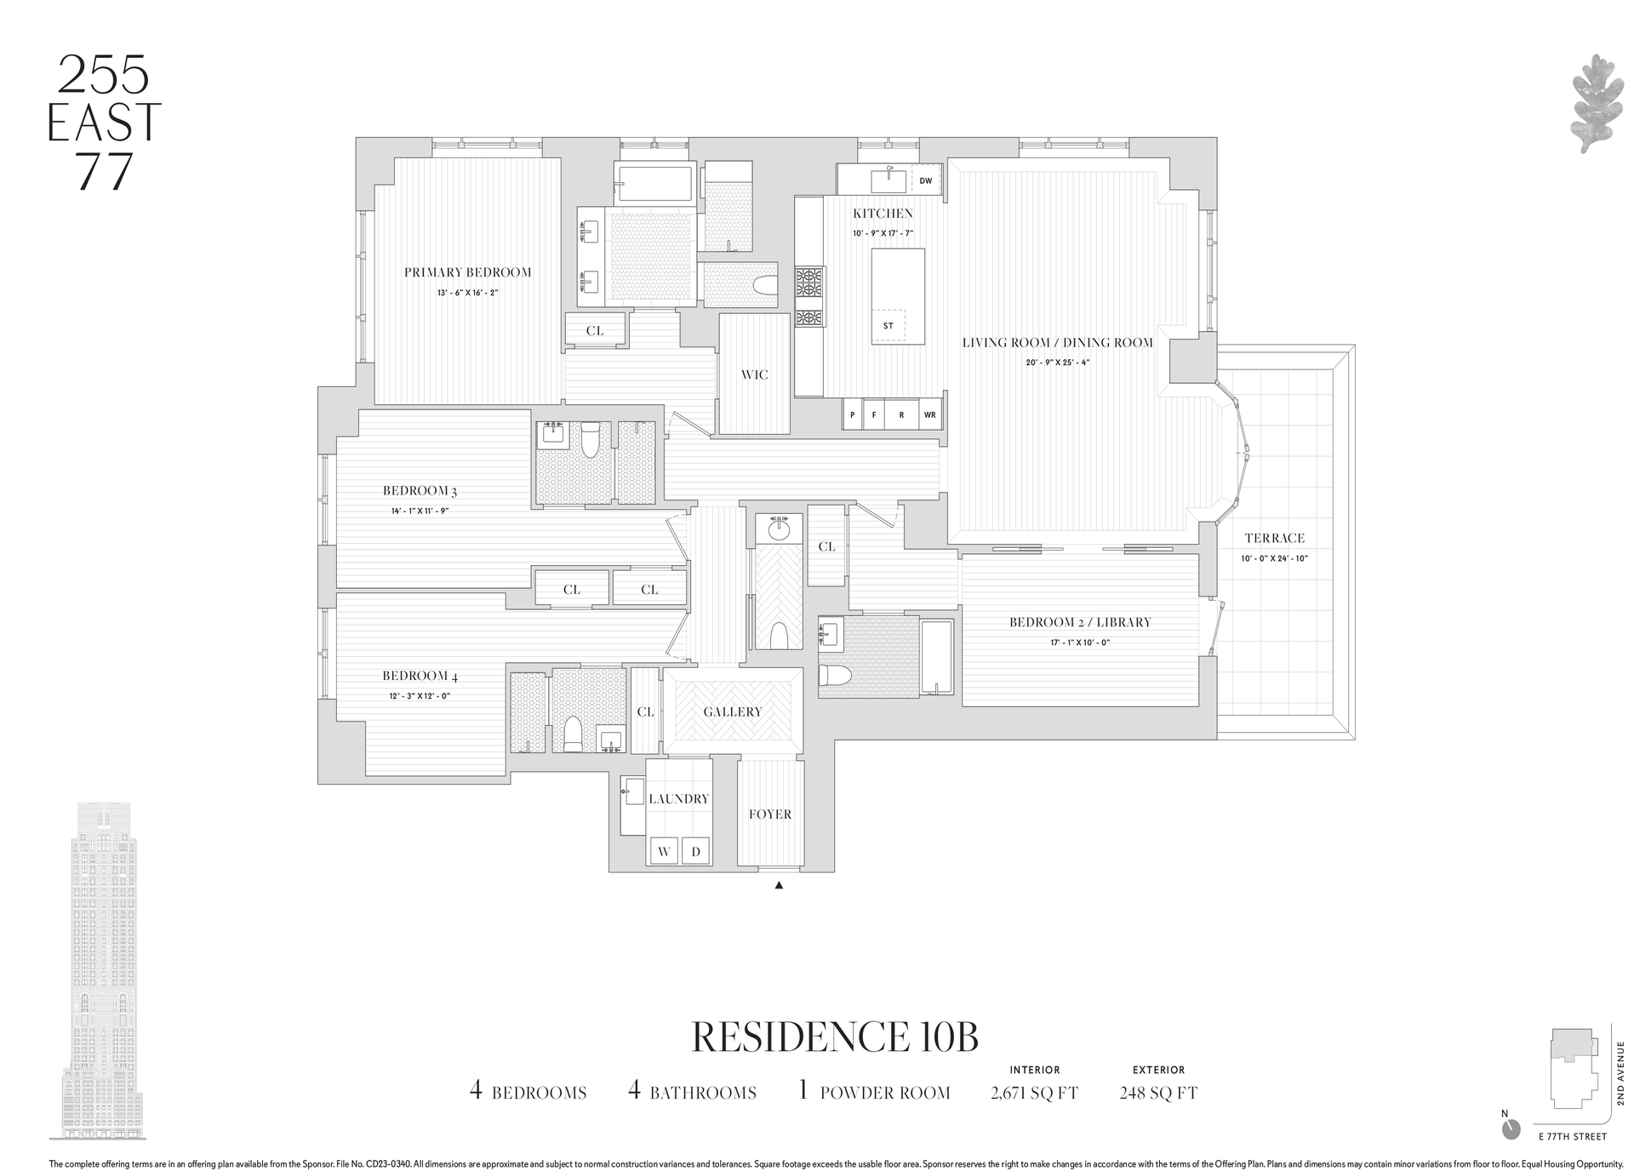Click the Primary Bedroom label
[x=467, y=272]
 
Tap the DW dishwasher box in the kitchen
[x=926, y=180]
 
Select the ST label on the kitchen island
[x=888, y=326]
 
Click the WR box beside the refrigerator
[x=929, y=414]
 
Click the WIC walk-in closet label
[x=755, y=374]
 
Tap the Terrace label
[x=1274, y=538]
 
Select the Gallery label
[x=733, y=711]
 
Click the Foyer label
[x=770, y=814]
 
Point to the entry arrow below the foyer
[x=779, y=885]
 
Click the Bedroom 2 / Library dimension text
[x=1080, y=643]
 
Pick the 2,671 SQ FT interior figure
[x=1034, y=1093]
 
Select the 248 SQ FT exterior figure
[x=1158, y=1093]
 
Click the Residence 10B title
[x=835, y=1037]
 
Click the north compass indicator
[x=1511, y=1128]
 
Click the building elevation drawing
[x=98, y=970]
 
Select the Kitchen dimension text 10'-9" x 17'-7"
[x=883, y=233]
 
